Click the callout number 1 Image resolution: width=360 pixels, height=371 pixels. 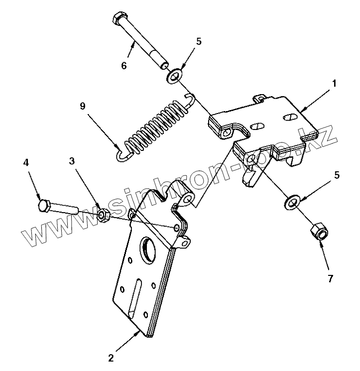click(335, 84)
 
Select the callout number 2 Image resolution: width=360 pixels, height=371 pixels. click(111, 358)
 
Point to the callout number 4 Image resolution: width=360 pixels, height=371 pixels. click(25, 162)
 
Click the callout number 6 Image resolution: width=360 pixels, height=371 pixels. click(124, 66)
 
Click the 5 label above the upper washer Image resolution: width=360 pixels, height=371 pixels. click(199, 42)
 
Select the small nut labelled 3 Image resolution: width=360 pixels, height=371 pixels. click(103, 215)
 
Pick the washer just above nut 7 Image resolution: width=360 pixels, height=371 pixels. click(292, 202)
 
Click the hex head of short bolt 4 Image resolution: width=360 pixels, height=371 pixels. click(43, 205)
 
